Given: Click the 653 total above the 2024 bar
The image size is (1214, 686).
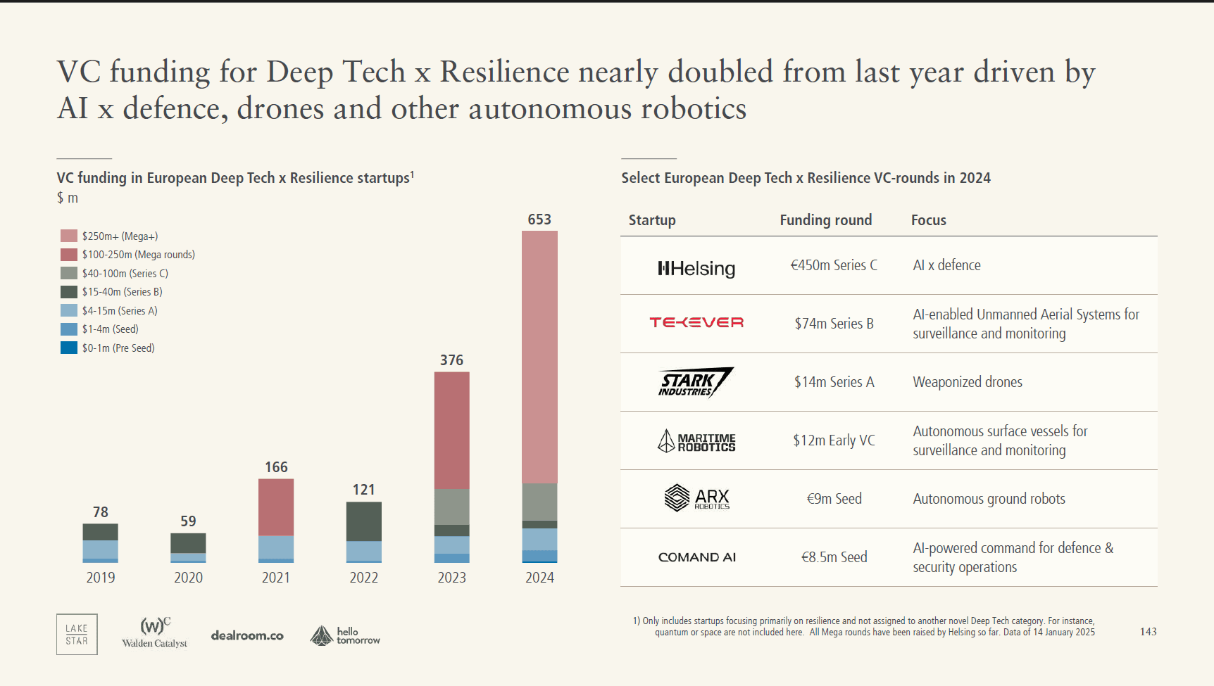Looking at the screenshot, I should [539, 220].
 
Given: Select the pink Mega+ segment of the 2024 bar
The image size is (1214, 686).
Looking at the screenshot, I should [539, 357].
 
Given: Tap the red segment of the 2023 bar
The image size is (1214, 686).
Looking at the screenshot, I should [451, 430].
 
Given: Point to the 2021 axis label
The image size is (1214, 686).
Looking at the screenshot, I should [276, 578].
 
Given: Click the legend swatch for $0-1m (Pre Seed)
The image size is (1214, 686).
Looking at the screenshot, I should [69, 348].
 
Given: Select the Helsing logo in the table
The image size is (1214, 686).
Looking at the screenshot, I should [696, 268].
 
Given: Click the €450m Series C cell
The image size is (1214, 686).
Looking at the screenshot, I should [834, 265].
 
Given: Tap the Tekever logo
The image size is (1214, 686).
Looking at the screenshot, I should [696, 322].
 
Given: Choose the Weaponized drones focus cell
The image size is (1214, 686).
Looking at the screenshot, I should [968, 382].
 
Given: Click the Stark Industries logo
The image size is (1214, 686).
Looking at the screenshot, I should [696, 382].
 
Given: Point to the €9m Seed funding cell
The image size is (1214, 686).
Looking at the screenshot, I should [834, 499].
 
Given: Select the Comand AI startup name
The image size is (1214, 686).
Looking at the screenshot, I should [696, 557].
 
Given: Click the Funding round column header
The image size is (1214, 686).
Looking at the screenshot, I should [825, 220].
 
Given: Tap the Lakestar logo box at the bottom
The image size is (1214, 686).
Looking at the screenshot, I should [77, 635].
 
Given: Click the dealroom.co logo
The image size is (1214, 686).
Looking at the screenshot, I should [247, 635].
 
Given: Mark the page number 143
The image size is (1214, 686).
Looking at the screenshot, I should [1148, 632].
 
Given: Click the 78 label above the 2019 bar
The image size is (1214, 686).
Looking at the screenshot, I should [101, 512].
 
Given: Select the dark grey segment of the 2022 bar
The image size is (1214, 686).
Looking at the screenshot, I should [364, 521].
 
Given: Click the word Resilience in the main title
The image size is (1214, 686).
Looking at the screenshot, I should [504, 72].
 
